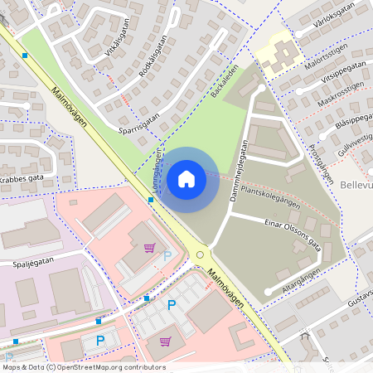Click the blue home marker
[x=186, y=178]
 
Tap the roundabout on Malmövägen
[x=200, y=254]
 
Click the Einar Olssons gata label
[x=293, y=231]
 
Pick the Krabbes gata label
[x=21, y=178]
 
